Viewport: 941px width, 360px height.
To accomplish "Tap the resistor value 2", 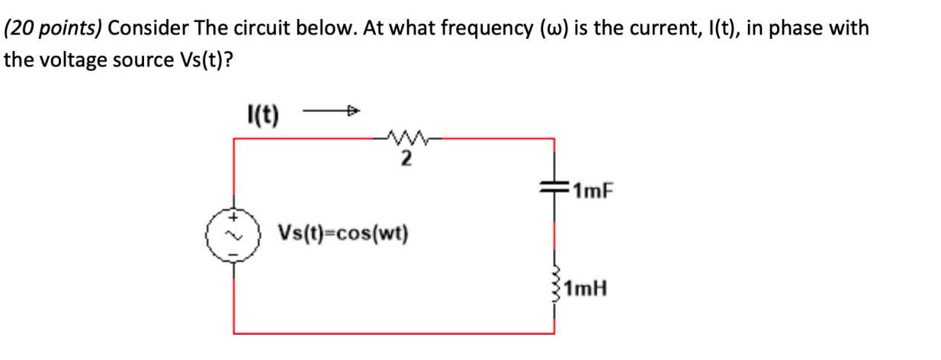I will pos(406,159).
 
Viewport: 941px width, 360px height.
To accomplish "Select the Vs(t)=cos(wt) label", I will pos(343,230).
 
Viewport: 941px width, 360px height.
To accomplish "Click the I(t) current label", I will pos(262,116).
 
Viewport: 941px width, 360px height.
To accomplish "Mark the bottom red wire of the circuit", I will pos(393,333).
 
